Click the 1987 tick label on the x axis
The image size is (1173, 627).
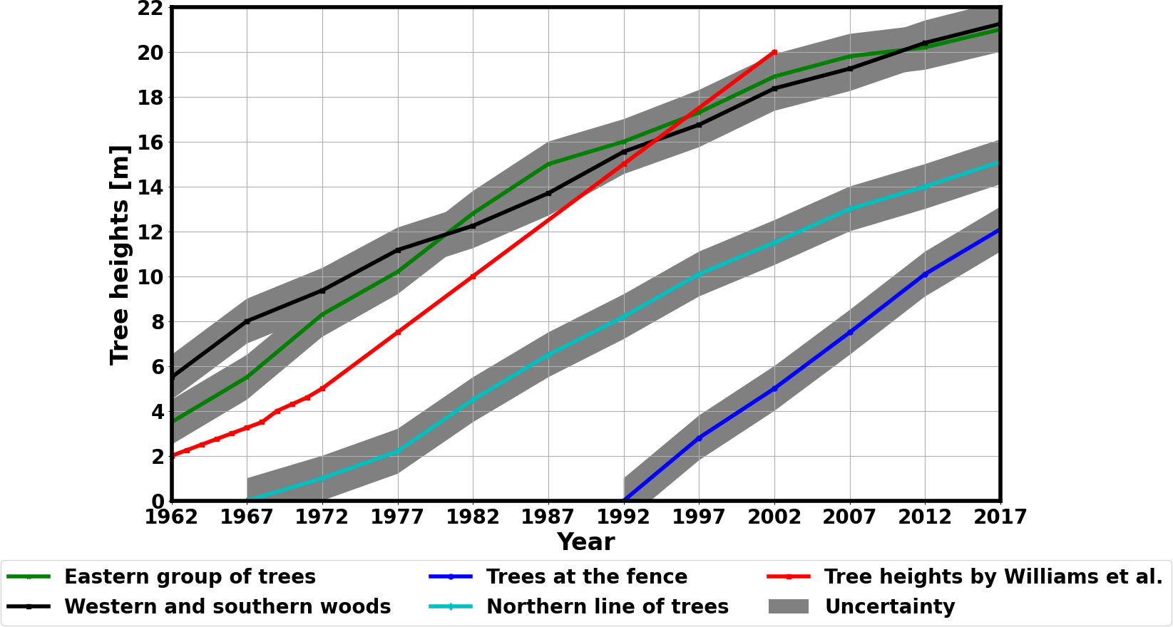(548, 517)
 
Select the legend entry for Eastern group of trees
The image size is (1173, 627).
(190, 577)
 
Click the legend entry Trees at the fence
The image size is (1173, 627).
(586, 577)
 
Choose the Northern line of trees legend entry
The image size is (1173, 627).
(607, 607)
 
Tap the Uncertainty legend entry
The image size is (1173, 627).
(889, 607)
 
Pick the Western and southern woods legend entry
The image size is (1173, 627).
(227, 607)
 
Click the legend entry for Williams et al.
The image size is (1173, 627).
(993, 577)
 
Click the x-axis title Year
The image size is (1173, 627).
(585, 542)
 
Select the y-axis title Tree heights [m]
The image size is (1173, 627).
(120, 255)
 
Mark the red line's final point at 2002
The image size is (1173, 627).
(774, 53)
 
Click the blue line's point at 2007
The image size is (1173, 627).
(850, 332)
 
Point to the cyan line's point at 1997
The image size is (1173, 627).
(699, 274)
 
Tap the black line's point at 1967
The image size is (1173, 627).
(247, 321)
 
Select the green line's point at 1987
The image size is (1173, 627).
(548, 165)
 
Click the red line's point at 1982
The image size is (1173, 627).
(473, 276)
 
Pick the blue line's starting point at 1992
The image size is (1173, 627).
(624, 500)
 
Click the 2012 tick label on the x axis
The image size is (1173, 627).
(925, 517)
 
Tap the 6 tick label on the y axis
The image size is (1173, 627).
(156, 367)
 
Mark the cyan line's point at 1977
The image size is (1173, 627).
(398, 452)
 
